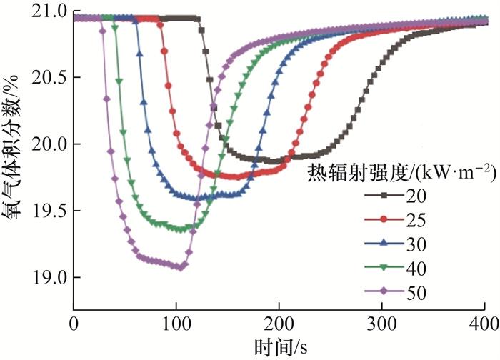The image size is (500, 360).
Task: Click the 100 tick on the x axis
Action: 176,323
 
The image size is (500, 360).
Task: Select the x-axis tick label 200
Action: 279,323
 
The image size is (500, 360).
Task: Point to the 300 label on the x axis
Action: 381,323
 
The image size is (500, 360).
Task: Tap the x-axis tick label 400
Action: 484,323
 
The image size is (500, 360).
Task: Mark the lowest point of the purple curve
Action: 181,267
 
